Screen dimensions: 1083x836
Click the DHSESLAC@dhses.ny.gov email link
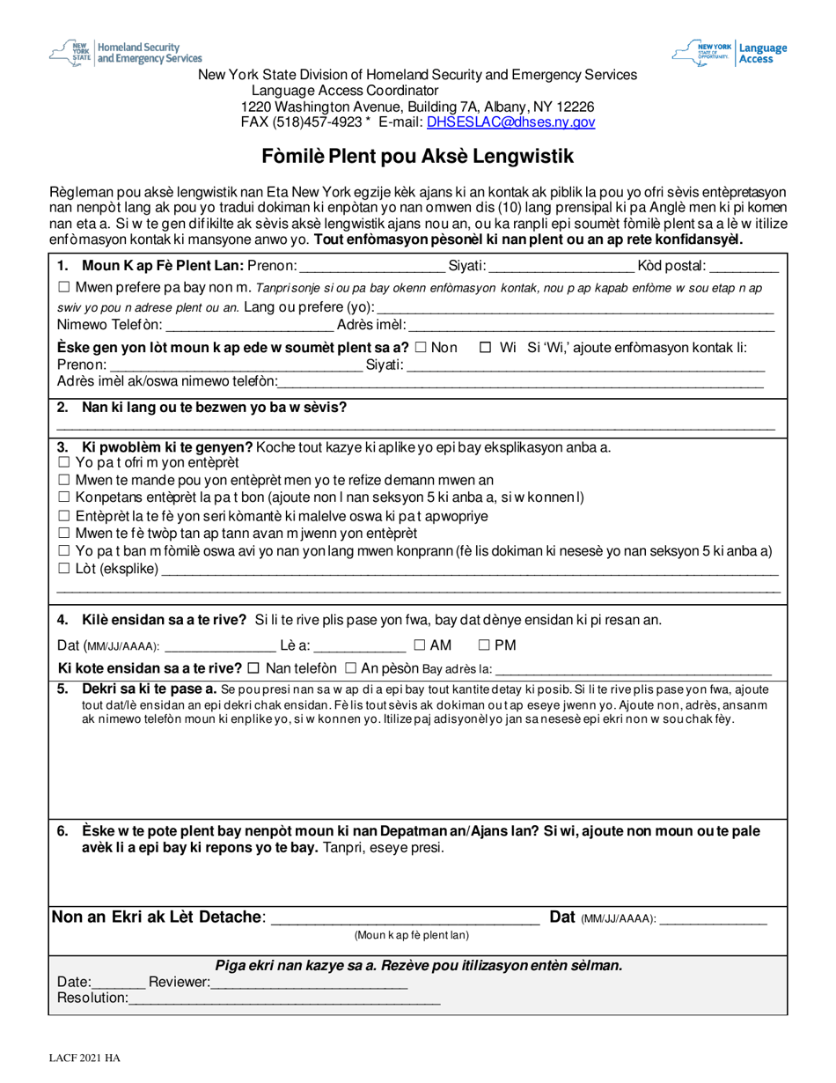click(x=510, y=123)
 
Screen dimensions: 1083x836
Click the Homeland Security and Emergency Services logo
click(x=126, y=52)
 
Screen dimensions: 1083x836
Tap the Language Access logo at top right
click(x=730, y=53)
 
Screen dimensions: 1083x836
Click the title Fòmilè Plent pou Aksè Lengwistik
click(x=418, y=157)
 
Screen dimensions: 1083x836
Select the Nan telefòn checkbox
click(x=254, y=668)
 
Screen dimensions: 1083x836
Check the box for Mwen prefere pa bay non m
click(x=62, y=287)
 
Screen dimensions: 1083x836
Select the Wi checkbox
click(x=485, y=348)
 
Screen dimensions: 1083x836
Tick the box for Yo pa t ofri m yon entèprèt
click(x=62, y=462)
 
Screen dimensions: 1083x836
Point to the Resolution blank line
click(x=284, y=998)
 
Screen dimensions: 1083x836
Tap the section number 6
click(x=62, y=831)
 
